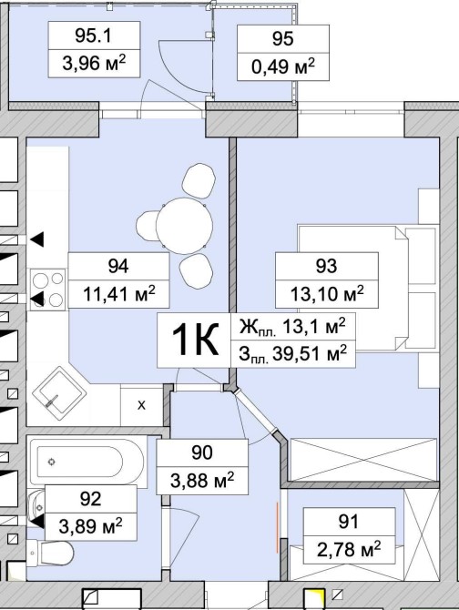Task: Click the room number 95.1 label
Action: [94, 36]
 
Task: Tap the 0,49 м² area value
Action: [283, 66]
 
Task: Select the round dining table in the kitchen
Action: [184, 226]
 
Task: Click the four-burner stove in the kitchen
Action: [48, 290]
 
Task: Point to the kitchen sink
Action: [59, 393]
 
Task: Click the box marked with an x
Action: [141, 405]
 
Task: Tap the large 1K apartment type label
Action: [195, 340]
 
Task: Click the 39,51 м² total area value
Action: [310, 353]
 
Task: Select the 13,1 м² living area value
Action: [313, 326]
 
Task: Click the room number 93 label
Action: [326, 266]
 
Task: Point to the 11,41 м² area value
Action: [119, 294]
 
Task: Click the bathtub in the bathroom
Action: [87, 462]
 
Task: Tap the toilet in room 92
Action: [51, 554]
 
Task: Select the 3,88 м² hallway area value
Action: [202, 481]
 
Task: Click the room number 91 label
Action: [348, 522]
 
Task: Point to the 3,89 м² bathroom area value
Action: [91, 526]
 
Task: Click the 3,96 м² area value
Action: [94, 63]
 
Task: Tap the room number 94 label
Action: [118, 266]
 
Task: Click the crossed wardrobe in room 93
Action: [363, 460]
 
